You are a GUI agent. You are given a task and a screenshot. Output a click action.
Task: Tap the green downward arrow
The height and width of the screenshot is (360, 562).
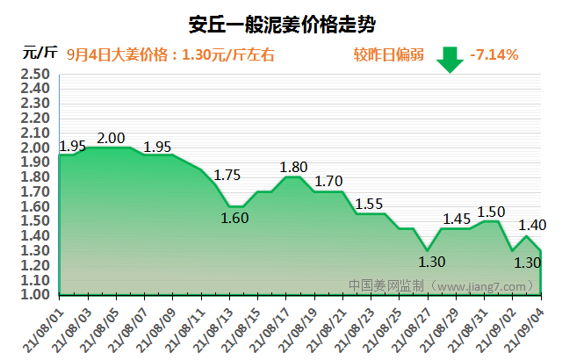450,59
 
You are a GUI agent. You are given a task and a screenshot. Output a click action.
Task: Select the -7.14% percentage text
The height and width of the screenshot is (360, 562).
494,54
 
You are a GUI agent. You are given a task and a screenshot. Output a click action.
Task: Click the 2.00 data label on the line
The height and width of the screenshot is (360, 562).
112,138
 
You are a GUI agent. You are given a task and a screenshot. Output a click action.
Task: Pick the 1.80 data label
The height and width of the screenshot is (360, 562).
294,167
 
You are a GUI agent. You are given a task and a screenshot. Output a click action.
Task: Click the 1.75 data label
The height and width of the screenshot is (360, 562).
227,175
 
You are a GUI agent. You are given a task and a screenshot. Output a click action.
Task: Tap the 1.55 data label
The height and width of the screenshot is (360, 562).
369,204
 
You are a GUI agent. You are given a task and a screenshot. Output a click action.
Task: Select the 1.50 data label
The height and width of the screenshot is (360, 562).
491,212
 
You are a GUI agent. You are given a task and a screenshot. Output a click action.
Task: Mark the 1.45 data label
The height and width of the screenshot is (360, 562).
457,219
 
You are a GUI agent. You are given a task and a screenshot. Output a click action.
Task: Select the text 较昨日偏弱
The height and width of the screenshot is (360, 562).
384,54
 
